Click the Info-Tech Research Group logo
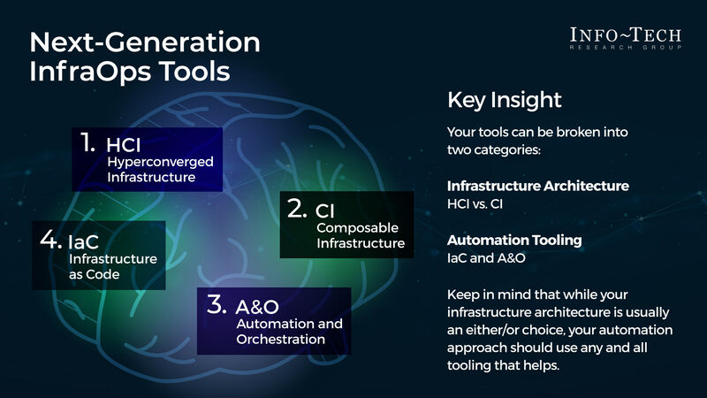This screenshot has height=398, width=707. pos(625,39)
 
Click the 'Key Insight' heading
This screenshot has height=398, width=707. pos(505,99)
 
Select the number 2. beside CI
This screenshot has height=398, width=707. pos(296,208)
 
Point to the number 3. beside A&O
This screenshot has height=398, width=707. pos(217,304)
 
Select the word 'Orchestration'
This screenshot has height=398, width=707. pos(279,339)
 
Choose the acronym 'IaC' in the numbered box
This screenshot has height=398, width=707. pos(84,240)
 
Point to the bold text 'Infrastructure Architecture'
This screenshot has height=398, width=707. pos(538,186)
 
